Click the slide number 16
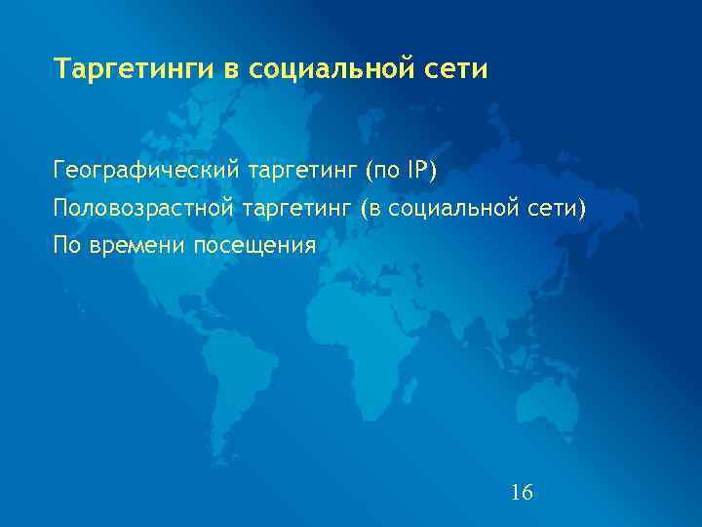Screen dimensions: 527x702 522,492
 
